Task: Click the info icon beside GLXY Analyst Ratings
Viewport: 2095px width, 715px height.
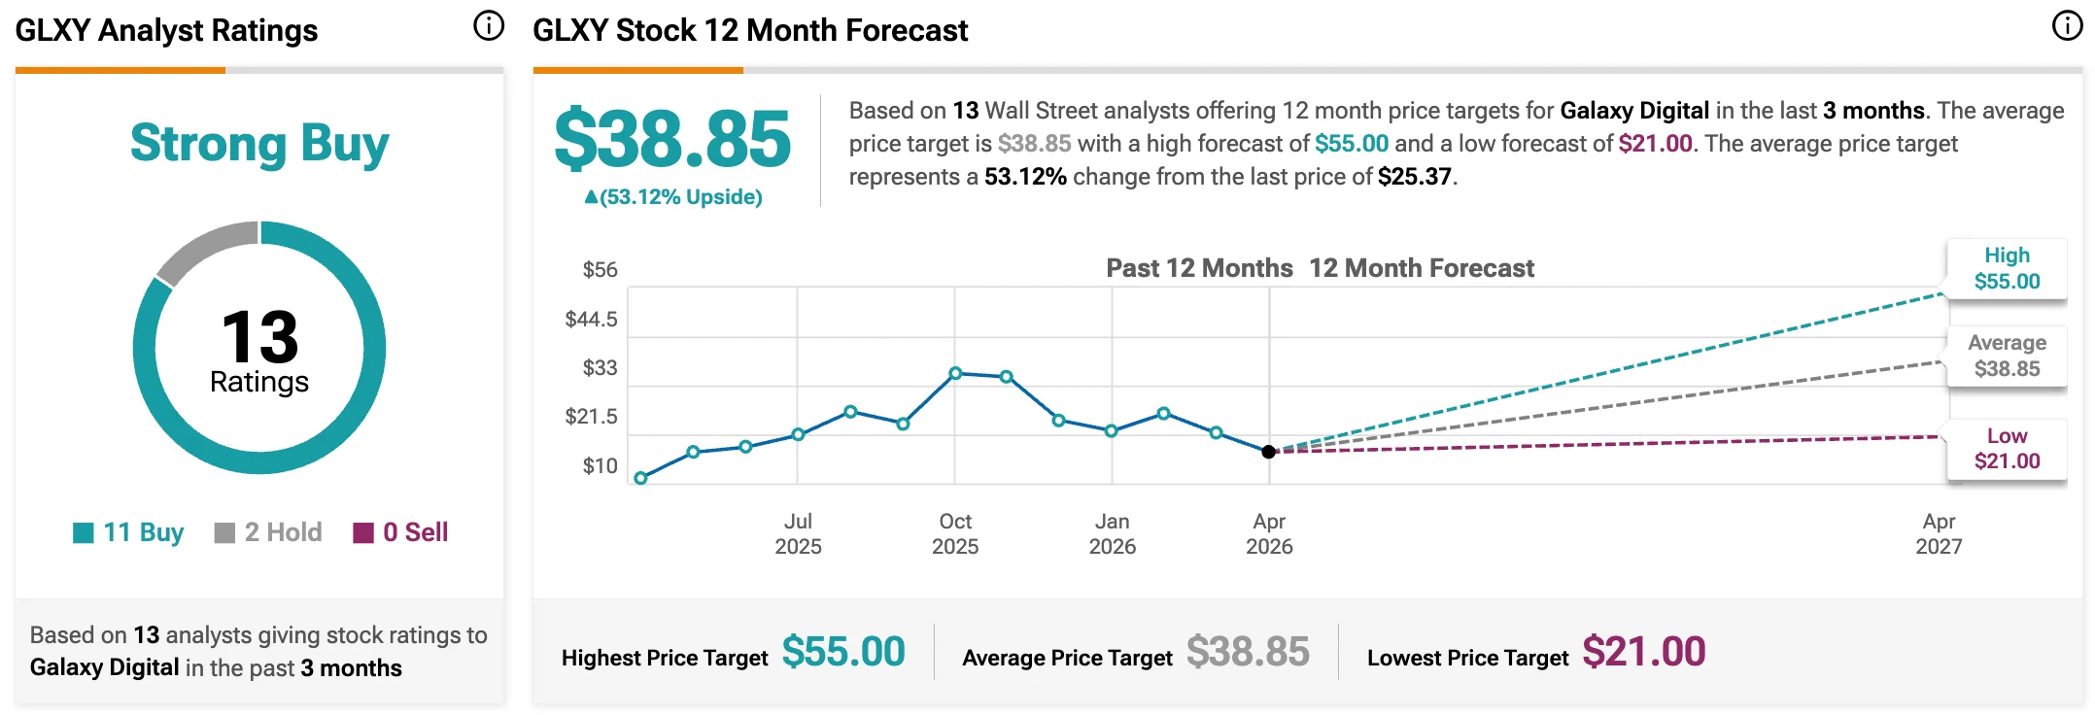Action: pos(489,26)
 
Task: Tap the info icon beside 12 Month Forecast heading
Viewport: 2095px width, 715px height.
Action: pos(2067,26)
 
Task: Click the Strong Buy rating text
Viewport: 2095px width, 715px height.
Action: pos(259,144)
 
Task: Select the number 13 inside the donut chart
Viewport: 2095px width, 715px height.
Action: pos(259,336)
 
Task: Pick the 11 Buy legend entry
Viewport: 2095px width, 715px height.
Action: pos(128,532)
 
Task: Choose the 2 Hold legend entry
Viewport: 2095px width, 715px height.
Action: pos(268,532)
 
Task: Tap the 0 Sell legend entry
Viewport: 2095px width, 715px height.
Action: pos(400,532)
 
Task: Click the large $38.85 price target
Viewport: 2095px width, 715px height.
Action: pos(672,139)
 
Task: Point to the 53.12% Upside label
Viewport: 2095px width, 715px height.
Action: pos(672,197)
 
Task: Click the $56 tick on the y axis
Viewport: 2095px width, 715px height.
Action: pos(600,270)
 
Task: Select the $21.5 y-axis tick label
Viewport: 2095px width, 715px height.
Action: pos(591,417)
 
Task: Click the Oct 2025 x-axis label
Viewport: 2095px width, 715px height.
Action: pos(955,534)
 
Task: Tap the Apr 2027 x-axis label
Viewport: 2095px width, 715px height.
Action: pos(1939,534)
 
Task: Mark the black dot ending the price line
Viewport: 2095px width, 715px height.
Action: pos(1268,452)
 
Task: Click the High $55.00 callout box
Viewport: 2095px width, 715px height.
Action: pos(2007,269)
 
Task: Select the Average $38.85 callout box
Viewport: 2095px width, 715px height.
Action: pos(2007,356)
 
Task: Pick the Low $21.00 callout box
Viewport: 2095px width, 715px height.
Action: pos(2007,449)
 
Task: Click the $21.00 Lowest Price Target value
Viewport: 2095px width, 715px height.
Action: pos(1643,652)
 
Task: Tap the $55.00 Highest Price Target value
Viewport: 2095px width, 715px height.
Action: pos(843,652)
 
